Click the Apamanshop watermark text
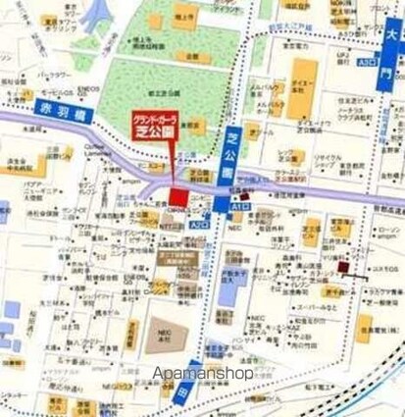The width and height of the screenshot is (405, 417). pyautogui.click(x=204, y=374)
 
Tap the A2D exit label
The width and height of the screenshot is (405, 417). pyautogui.click(x=200, y=225)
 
